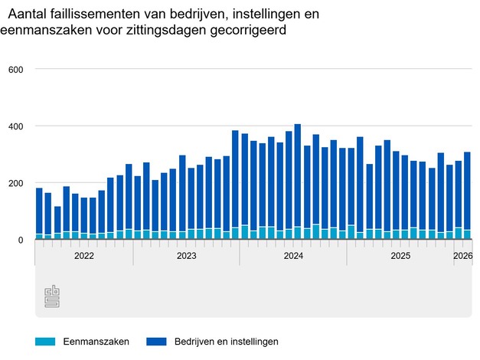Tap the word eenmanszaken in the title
[39, 31]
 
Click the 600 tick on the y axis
[16, 70]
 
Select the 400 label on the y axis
[16, 126]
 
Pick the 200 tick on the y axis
[16, 184]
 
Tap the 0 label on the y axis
[21, 241]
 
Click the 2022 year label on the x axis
[84, 256]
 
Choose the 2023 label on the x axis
[187, 256]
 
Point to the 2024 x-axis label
[293, 256]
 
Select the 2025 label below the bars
[400, 256]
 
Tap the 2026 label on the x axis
[462, 256]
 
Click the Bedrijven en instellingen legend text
[227, 341]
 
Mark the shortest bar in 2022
[57, 223]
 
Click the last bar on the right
[467, 196]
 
